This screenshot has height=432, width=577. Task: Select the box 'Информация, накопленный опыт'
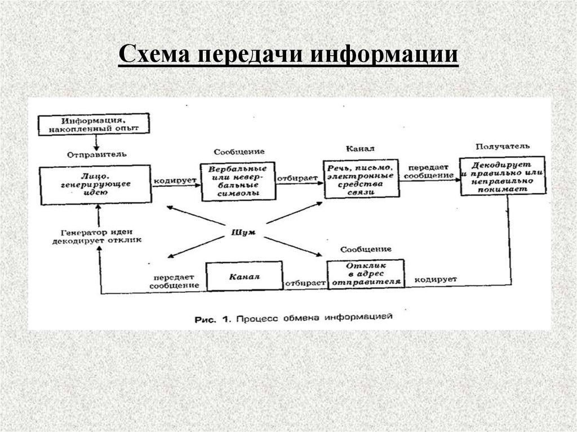[95, 124]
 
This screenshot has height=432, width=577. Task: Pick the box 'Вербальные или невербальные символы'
[238, 181]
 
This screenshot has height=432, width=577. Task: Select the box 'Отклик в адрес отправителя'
[366, 273]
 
